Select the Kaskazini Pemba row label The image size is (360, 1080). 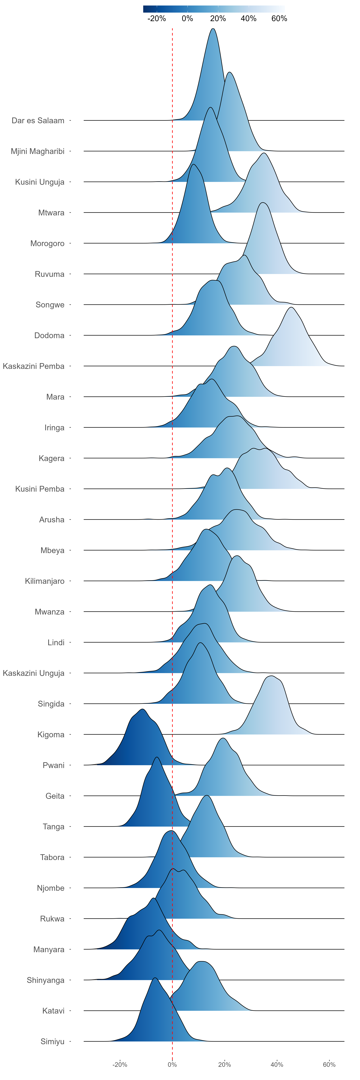[33, 366]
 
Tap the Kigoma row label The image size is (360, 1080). [51, 735]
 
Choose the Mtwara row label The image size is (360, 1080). [51, 213]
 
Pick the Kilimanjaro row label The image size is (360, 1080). [44, 581]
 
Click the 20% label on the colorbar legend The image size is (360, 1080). [218, 18]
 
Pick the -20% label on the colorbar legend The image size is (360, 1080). [157, 18]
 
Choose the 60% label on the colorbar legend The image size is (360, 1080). [279, 18]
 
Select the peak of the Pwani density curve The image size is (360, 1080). [142, 709]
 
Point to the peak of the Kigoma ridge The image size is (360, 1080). [272, 676]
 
